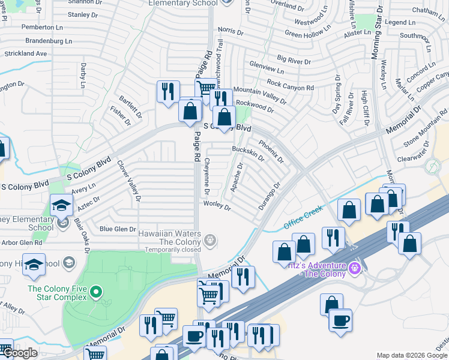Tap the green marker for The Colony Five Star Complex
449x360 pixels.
coord(96,293)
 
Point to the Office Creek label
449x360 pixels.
coord(303,217)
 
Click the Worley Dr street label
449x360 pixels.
coord(217,206)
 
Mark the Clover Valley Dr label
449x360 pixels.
coord(129,180)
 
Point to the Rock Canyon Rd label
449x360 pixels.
coord(291,85)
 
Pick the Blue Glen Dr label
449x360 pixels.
coord(118,229)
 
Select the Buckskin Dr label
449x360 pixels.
coord(247,152)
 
